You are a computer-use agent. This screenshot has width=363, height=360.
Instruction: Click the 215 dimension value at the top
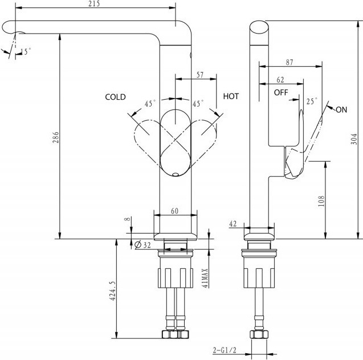point(94,3)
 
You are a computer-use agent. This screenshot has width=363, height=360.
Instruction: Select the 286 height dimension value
point(56,137)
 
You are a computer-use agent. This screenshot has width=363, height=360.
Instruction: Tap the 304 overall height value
point(354,139)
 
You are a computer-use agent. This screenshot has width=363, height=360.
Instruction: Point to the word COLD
point(115,97)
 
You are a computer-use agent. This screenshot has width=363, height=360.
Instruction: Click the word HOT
point(231,96)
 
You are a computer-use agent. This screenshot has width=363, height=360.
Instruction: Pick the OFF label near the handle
point(281,92)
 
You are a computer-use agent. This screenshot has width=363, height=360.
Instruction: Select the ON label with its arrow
point(337,109)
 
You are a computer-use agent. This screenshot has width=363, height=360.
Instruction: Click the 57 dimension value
point(200,75)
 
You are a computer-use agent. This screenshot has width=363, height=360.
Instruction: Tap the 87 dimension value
point(289,62)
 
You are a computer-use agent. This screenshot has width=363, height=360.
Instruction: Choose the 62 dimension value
point(280,80)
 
